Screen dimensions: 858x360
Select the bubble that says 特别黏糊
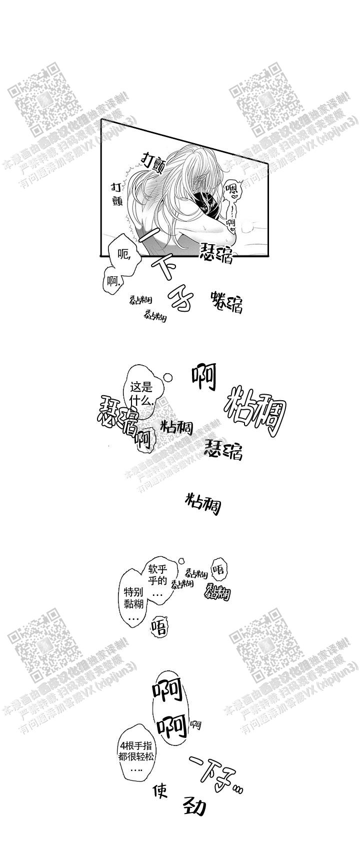[134, 598]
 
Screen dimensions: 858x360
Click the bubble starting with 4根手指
[134, 754]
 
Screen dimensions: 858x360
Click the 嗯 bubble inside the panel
[231, 191]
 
